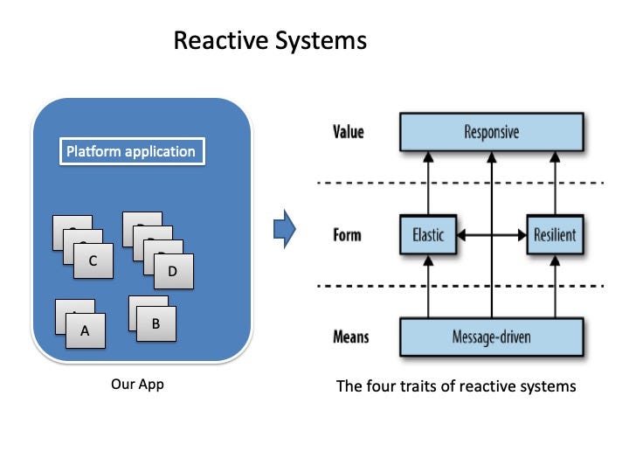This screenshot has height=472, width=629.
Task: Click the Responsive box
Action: (491, 132)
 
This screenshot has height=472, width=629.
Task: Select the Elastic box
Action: (428, 235)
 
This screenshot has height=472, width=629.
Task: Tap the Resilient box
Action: (555, 235)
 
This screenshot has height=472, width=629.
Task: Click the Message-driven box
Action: (491, 337)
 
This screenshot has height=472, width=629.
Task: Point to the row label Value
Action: (349, 132)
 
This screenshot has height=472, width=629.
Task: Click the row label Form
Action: (347, 235)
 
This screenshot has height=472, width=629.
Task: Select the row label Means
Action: (351, 337)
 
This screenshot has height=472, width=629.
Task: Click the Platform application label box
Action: (132, 151)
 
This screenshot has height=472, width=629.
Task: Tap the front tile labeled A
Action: (86, 330)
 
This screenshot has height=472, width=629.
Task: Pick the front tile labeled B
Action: (156, 324)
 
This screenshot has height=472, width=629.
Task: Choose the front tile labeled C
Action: (93, 260)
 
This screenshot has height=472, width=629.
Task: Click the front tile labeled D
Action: (174, 271)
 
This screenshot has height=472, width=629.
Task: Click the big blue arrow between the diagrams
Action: (285, 229)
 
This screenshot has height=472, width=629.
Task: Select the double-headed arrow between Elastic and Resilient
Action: (491, 235)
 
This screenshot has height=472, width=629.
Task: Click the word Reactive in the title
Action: (221, 40)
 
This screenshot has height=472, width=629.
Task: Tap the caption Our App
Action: (138, 384)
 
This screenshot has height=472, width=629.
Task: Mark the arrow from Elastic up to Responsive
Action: (428, 183)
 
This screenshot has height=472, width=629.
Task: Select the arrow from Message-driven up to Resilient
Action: (555, 287)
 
